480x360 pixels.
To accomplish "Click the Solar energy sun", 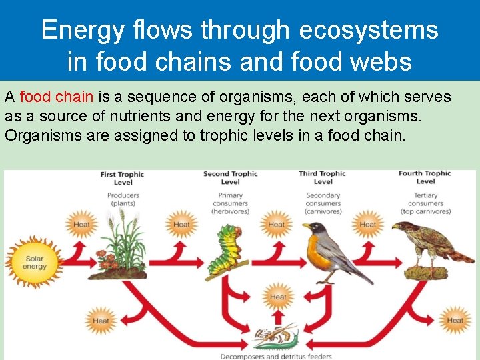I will point(34,262).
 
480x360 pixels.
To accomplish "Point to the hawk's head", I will point(401,228).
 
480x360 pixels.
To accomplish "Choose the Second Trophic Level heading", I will point(230,178).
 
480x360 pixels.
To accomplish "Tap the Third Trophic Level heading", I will point(323,178).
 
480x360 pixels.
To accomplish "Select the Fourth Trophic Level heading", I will point(425,178).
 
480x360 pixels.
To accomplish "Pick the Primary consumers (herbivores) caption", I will point(230,203).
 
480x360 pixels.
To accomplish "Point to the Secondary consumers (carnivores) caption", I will point(323,203).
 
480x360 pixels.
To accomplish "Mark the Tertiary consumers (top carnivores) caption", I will point(425,203).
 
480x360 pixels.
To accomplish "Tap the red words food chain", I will point(57,97).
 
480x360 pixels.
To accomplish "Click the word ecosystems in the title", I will point(369,30).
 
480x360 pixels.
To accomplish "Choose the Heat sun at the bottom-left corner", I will point(101,321).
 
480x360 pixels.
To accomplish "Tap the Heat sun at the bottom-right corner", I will point(455,320).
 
